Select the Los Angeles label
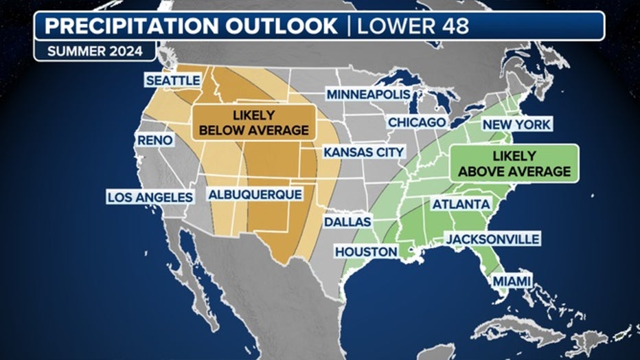pos(150,197)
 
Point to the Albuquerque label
pos(255,194)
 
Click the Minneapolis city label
pos(368,94)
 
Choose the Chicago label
pos(417,122)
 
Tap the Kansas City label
pos(364,151)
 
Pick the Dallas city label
pos(347,222)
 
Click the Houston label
pos(367,251)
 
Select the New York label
pos(516,124)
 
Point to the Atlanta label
pos(461,204)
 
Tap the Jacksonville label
pos(492,238)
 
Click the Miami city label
pos(512,281)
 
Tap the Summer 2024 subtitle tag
pos(95,52)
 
